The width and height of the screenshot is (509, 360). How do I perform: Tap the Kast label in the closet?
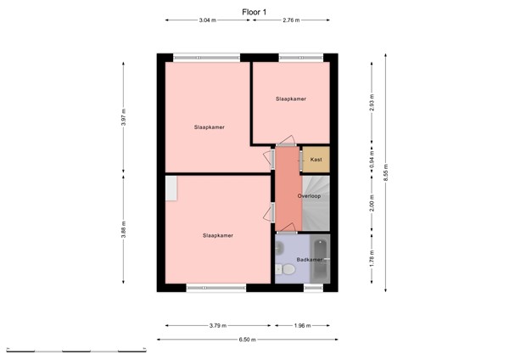point(316,160)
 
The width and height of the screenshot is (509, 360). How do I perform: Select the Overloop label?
point(310,196)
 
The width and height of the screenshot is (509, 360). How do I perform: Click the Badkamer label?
point(309,260)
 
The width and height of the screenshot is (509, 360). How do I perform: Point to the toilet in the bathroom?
point(288,270)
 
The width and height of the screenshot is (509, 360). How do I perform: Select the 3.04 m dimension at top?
point(206,19)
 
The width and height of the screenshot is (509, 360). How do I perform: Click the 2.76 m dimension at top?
point(291,19)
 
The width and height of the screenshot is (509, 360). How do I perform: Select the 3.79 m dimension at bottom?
point(218,325)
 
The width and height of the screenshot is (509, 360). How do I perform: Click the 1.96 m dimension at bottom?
point(303,325)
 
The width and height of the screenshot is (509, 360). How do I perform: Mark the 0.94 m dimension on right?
point(371,160)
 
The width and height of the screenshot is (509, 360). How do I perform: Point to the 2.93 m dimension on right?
point(371,100)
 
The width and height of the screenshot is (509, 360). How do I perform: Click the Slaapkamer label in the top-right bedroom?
point(290,98)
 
